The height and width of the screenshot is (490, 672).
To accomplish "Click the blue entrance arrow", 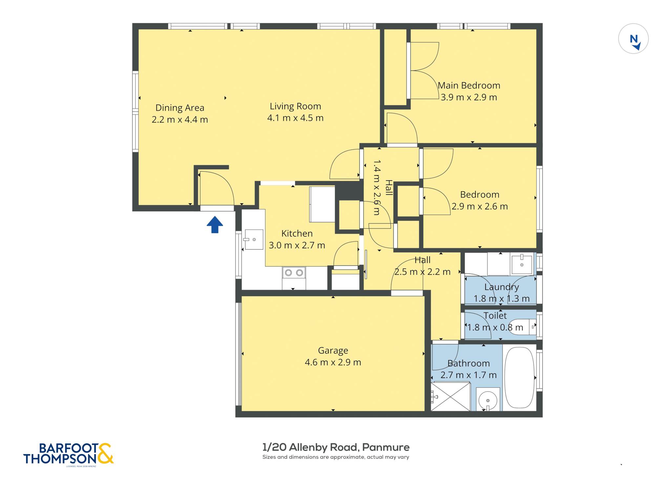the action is (x=215, y=225).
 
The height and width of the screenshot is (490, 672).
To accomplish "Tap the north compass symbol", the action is (x=633, y=39).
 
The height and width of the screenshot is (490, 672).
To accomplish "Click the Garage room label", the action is (x=333, y=351).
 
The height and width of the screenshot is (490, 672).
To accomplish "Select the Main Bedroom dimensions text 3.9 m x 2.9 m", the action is (x=469, y=97).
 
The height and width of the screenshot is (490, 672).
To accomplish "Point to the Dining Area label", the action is (x=180, y=108).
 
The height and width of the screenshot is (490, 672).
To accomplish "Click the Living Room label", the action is (x=295, y=106).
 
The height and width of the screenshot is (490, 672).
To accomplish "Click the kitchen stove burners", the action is (x=294, y=273).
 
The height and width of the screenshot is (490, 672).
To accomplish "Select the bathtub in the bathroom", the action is (x=519, y=378).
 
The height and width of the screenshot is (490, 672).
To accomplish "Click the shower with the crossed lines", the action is (x=451, y=397).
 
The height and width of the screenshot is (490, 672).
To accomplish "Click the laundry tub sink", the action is (x=521, y=264).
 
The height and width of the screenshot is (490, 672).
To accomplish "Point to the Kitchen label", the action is (x=297, y=234).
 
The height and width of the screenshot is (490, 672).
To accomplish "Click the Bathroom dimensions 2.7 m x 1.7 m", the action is (x=468, y=375).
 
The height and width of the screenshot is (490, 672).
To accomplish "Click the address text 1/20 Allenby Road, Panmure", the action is (x=336, y=447).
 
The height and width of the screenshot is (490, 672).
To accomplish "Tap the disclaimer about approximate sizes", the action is (x=336, y=457).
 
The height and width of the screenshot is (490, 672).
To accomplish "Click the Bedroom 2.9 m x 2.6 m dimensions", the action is (x=479, y=206).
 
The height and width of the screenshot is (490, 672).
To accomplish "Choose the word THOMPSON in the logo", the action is (x=60, y=459).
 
